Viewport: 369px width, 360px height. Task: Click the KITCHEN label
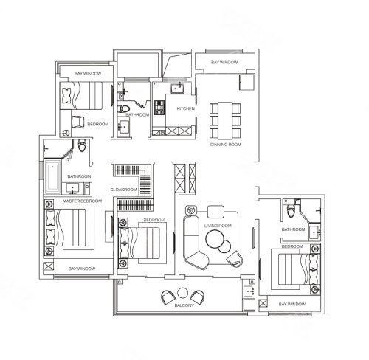click(x=186, y=108)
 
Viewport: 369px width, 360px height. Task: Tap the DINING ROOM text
click(x=226, y=145)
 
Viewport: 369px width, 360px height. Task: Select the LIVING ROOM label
click(x=218, y=226)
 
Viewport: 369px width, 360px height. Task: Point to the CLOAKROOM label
click(x=123, y=190)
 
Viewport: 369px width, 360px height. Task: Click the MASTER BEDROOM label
click(x=82, y=201)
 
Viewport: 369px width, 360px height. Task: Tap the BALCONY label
click(x=184, y=305)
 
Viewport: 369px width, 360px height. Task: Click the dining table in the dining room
click(x=225, y=120)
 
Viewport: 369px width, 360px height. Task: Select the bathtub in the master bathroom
click(x=52, y=176)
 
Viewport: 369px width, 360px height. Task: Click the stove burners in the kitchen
click(x=159, y=108)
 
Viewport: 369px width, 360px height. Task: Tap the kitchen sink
click(x=177, y=88)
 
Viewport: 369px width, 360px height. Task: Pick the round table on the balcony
click(x=182, y=293)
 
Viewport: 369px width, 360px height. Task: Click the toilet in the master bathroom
click(x=82, y=145)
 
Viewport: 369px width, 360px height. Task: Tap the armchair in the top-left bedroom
click(x=77, y=122)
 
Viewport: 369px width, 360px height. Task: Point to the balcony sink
click(x=249, y=291)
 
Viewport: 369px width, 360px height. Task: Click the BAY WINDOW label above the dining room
click(x=224, y=63)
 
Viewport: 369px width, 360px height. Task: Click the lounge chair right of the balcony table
click(x=197, y=297)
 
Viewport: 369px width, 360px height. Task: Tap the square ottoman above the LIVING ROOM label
click(x=215, y=212)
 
